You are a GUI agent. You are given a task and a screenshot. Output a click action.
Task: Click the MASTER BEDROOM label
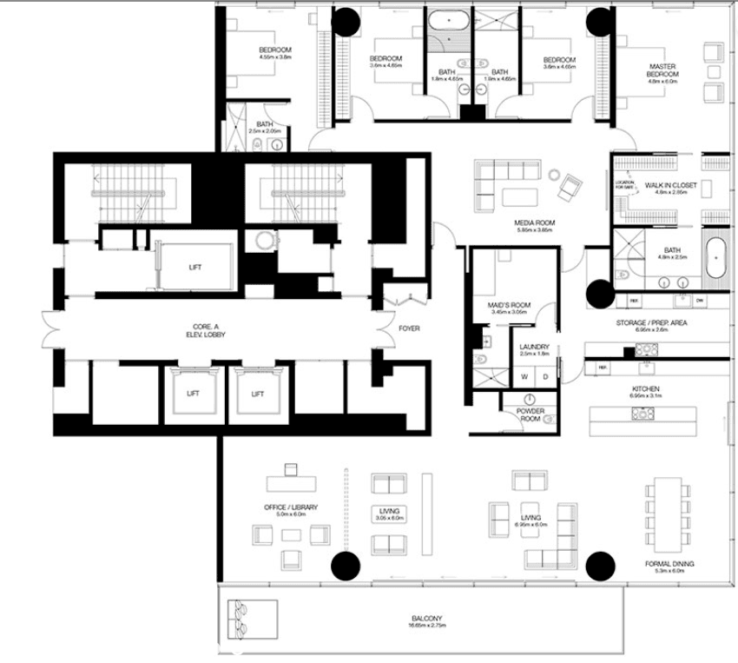(662, 70)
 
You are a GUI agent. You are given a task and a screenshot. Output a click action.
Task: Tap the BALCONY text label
(429, 620)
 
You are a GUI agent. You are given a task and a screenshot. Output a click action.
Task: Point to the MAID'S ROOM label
(509, 306)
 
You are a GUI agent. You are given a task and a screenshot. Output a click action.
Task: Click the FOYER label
(408, 328)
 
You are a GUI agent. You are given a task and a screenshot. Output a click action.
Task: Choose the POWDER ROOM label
(530, 414)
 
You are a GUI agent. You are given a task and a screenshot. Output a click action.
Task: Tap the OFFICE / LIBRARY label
(291, 507)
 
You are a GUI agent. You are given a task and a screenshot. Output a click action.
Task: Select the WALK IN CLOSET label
(664, 185)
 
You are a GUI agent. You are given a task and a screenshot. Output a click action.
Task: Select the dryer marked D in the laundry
(545, 376)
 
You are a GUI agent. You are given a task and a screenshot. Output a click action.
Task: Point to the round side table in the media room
(553, 174)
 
